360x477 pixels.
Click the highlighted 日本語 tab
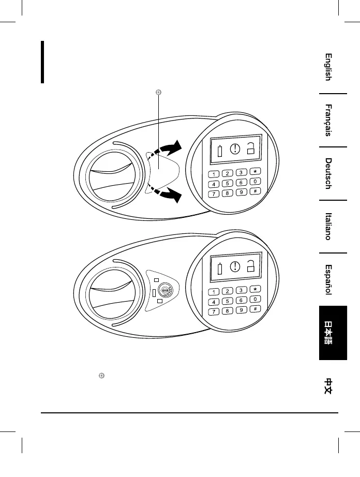[332, 333]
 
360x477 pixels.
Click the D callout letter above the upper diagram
[159, 93]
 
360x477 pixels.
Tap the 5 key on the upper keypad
[227, 184]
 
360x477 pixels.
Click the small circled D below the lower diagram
[102, 374]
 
